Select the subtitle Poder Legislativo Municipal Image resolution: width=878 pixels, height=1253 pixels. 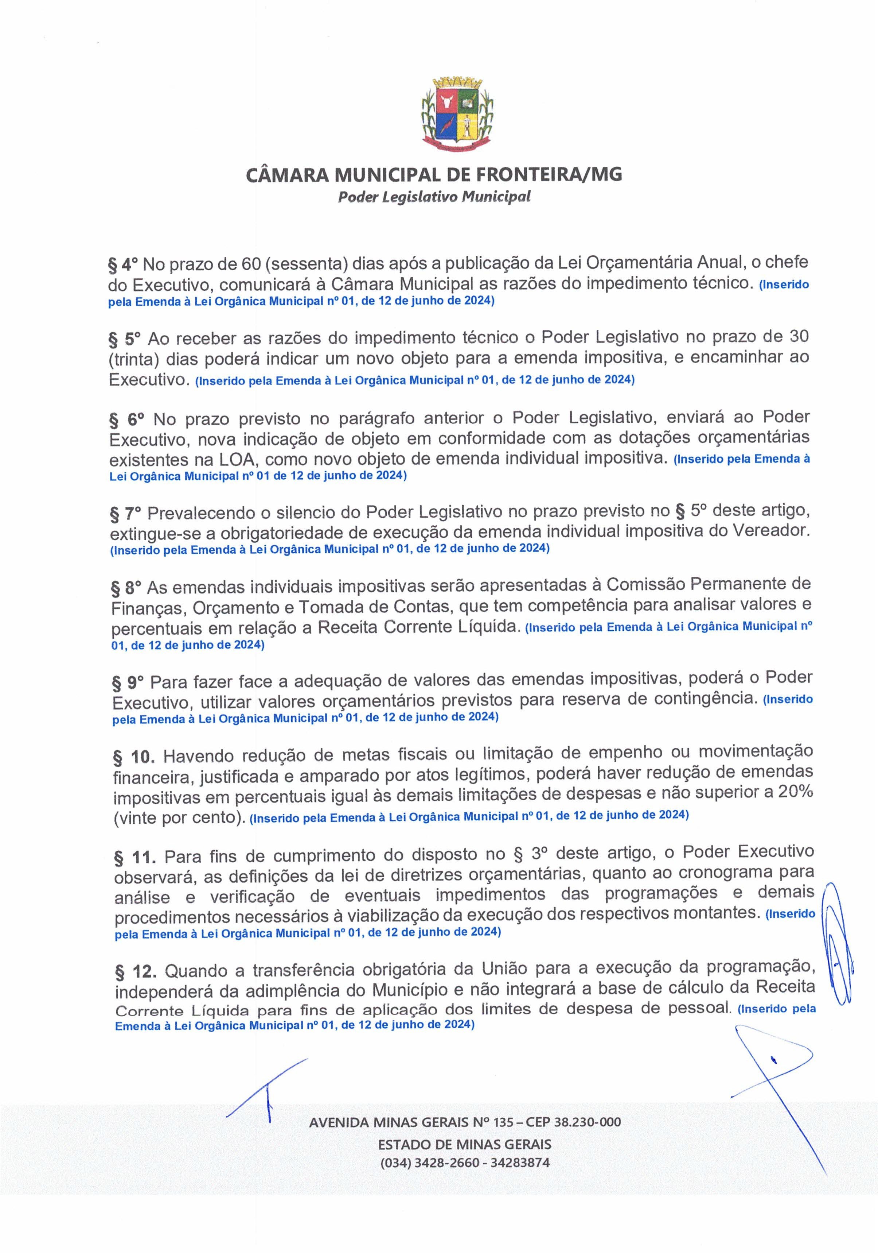tap(434, 197)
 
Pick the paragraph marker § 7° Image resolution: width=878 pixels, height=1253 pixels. tap(125, 513)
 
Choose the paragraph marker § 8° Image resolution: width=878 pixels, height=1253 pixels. tap(126, 587)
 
